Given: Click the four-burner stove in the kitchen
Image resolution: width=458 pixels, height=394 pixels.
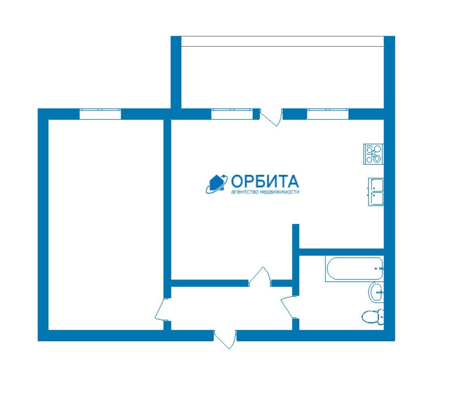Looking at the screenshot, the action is (x=373, y=154).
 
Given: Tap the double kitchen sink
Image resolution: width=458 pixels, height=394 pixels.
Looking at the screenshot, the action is (x=376, y=192).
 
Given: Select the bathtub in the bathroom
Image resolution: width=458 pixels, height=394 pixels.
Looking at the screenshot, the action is (x=354, y=269).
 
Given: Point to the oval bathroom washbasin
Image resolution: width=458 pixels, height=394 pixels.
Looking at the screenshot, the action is (x=376, y=292).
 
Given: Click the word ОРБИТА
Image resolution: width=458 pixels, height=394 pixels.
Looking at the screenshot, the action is (x=265, y=182).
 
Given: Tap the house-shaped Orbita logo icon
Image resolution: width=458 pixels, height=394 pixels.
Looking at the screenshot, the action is (x=216, y=184).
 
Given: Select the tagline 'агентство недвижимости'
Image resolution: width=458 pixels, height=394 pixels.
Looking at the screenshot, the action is (x=265, y=192).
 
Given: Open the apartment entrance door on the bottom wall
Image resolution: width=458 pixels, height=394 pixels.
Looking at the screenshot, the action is (x=225, y=339).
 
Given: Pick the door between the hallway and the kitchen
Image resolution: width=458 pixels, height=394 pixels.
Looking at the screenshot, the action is (x=260, y=277).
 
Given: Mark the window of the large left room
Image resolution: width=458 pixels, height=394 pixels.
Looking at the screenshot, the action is (x=100, y=114).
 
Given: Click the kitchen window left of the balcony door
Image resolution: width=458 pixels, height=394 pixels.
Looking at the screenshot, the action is (x=232, y=114).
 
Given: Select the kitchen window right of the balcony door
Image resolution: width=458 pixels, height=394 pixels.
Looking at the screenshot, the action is (x=328, y=114).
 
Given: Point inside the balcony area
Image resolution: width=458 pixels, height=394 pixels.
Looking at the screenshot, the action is (x=283, y=77).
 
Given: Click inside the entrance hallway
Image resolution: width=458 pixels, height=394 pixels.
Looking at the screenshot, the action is (x=231, y=309).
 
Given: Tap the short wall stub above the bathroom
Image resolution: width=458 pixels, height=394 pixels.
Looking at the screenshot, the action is (x=296, y=236).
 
